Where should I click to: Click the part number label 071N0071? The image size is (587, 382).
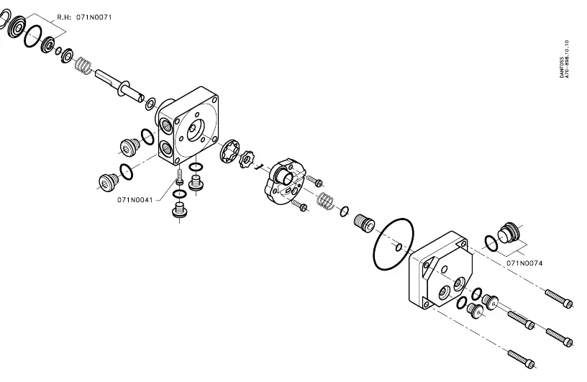coord(94,17)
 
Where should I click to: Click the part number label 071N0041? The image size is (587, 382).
coord(135,200)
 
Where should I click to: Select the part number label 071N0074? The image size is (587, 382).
coord(524,263)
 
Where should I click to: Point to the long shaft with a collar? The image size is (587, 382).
coord(119,86)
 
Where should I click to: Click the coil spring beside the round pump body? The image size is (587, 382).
coord(325,201)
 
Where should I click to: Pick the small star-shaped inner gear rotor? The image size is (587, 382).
coord(246,159)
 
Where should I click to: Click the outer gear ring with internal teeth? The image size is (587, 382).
coord(229,150)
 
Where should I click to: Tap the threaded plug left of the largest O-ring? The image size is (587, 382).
coord(364,223)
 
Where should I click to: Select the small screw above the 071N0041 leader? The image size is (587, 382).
coord(180,176)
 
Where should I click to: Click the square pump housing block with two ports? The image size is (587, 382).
coord(188,126)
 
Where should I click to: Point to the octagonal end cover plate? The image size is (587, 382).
coord(441,270)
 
